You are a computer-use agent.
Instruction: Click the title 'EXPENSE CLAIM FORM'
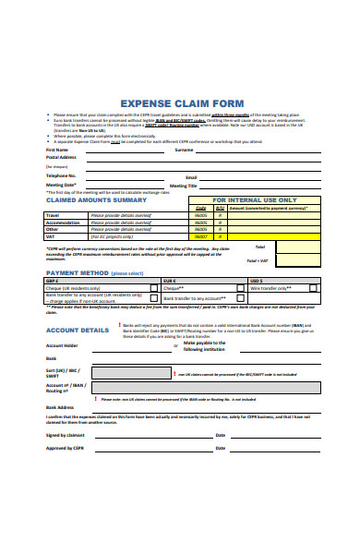[180, 102]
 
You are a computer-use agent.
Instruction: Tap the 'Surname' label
[184, 149]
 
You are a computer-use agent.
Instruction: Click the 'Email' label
[191, 175]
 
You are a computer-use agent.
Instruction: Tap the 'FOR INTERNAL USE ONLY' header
[254, 199]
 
